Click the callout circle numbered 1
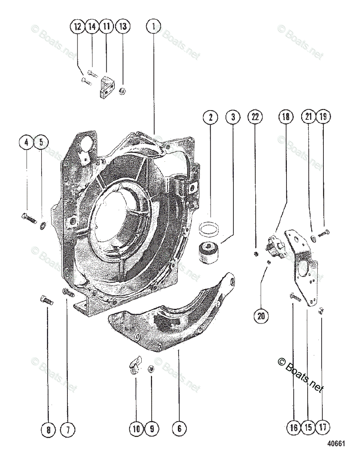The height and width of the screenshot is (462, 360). tap(154, 27)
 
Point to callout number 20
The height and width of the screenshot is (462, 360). tap(261, 316)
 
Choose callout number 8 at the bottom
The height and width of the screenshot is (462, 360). tap(48, 430)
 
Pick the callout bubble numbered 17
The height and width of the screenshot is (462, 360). tap(322, 427)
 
